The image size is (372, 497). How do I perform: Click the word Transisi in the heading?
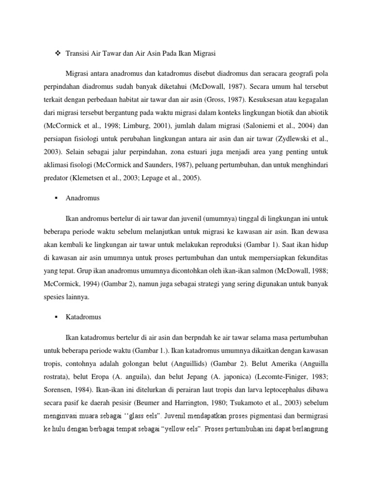coord(78,52)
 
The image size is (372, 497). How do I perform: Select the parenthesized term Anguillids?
coord(175,362)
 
